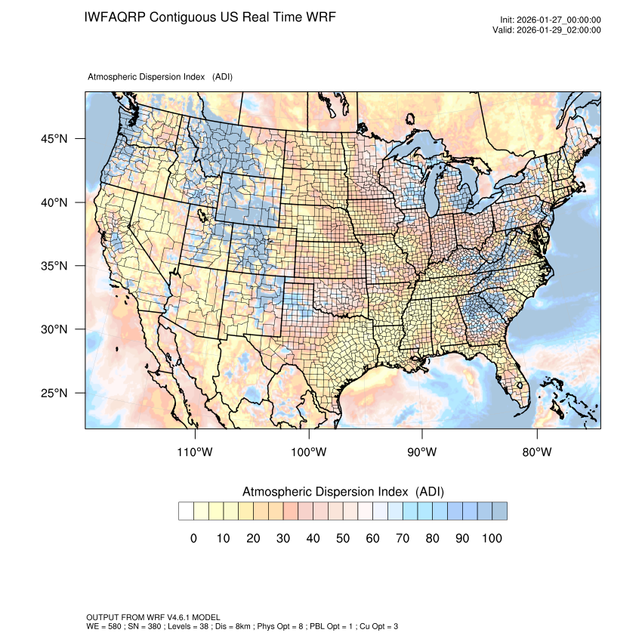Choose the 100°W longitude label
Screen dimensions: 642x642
309,452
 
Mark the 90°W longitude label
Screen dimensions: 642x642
423,452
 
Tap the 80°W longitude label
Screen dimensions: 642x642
536,452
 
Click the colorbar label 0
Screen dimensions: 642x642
193,539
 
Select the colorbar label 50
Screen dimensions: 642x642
343,539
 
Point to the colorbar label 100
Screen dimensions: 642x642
492,539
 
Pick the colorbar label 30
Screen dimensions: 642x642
283,539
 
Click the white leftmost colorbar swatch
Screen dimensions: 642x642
186,511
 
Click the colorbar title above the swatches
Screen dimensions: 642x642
343,492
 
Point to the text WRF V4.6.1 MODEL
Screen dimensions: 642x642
171,617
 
